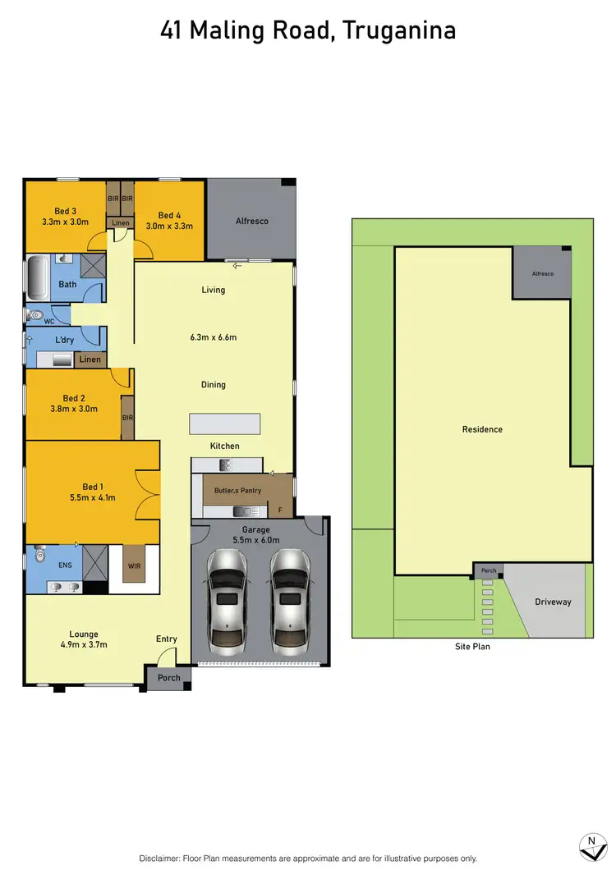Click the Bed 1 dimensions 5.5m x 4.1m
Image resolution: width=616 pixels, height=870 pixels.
click(93, 497)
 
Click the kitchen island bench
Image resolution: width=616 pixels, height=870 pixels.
click(225, 424)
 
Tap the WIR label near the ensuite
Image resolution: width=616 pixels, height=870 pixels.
click(135, 565)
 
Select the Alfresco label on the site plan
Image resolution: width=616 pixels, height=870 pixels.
click(542, 273)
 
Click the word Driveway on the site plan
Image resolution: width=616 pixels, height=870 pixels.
click(553, 602)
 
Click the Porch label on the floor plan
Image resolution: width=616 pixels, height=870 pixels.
click(169, 678)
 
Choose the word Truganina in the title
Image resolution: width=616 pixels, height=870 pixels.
click(399, 31)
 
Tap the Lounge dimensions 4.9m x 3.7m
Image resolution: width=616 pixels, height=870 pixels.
click(84, 644)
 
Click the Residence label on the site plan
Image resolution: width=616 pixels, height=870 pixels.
click(482, 429)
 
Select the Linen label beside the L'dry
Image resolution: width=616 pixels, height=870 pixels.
click(90, 359)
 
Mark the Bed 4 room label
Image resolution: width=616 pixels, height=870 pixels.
click(169, 216)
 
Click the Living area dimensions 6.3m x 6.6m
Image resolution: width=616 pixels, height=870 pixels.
click(214, 337)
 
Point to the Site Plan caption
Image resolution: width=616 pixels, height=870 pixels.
click(471, 647)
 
